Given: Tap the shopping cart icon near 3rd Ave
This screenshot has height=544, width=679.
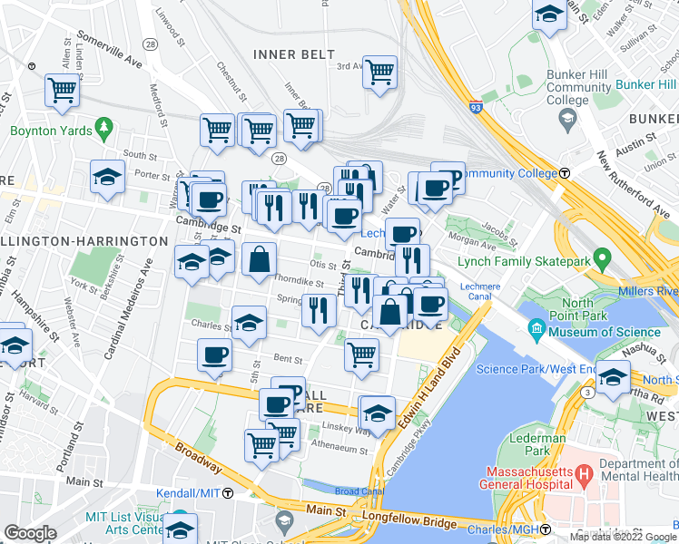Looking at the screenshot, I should (380, 72).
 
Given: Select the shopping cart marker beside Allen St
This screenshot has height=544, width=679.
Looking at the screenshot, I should (62, 90).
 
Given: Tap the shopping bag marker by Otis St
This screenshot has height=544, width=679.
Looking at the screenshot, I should (260, 258).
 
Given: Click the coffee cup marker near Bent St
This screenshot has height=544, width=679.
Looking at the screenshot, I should (214, 355).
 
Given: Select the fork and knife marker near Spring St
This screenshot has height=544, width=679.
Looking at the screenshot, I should (318, 310).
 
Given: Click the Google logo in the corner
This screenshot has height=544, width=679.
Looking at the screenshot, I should (29, 533).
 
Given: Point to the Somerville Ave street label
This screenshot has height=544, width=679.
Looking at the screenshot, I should (109, 51).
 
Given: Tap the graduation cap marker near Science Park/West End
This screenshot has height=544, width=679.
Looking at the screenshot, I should (614, 375).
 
